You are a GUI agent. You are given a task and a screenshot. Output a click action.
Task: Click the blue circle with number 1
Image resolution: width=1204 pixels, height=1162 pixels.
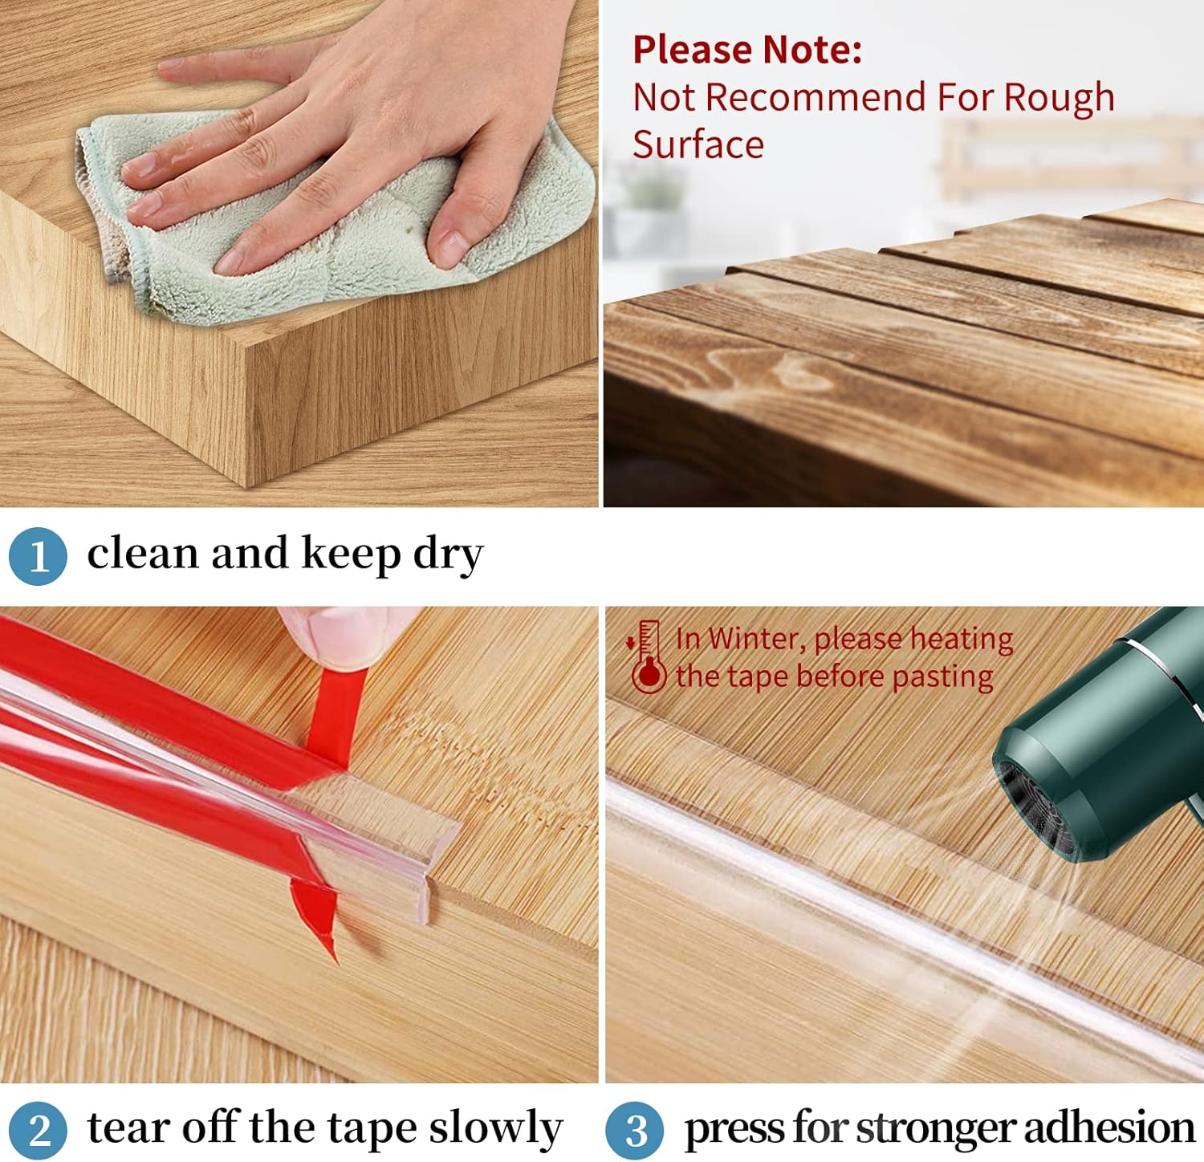pos(38,555)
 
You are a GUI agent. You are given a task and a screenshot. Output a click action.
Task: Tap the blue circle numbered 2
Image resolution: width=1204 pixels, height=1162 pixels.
pos(38,1130)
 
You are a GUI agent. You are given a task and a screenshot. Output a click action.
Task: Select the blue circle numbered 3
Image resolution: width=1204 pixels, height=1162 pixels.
pos(635,1130)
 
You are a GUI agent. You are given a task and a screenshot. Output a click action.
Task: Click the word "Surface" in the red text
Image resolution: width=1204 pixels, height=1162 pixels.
pos(698,145)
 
